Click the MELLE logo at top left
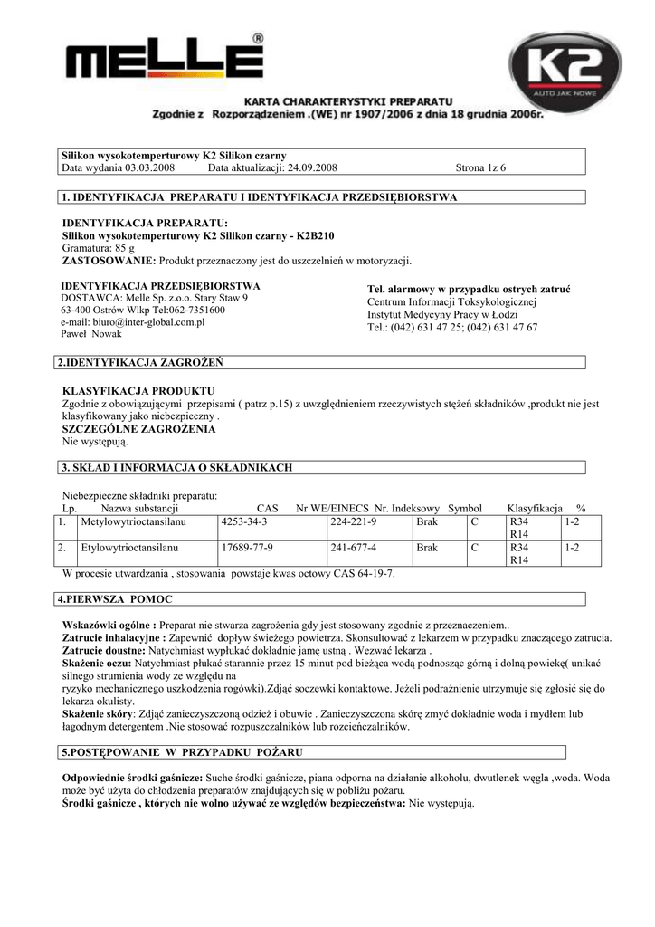pyautogui.click(x=164, y=62)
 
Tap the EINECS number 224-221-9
pyautogui.click(x=354, y=523)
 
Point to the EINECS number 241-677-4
pyautogui.click(x=354, y=549)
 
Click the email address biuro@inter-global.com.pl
pyautogui.click(x=132, y=321)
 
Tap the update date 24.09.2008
pyautogui.click(x=311, y=168)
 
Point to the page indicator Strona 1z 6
pyautogui.click(x=494, y=168)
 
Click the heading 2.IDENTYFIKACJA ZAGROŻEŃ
pyautogui.click(x=139, y=363)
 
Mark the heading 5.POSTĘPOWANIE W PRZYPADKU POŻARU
pyautogui.click(x=181, y=752)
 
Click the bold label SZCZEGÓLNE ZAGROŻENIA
pyautogui.click(x=138, y=429)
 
